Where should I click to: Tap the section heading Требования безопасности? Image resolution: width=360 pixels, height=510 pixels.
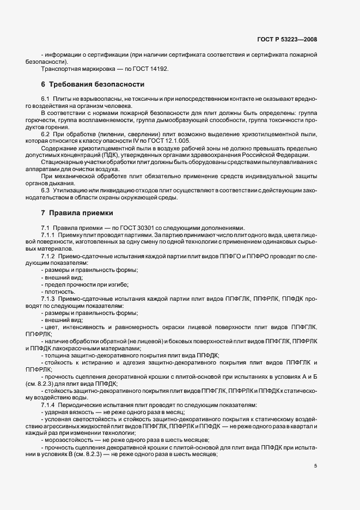click(96, 84)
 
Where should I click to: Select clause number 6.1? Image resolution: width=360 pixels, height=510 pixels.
click(46, 99)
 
